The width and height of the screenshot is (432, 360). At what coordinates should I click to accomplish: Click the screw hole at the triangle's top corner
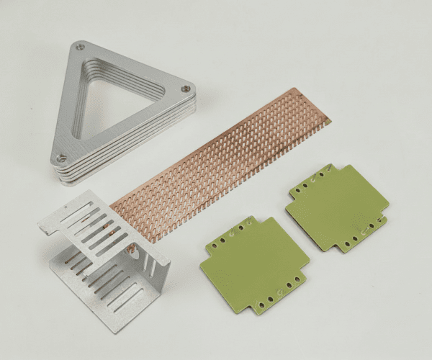(81, 47)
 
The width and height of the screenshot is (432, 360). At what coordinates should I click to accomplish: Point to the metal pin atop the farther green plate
(330, 167)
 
